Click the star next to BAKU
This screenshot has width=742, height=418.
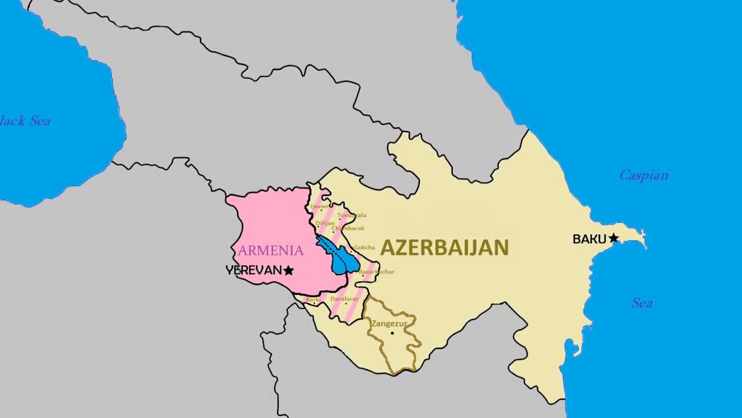click(613, 239)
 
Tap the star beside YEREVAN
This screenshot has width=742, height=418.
click(288, 271)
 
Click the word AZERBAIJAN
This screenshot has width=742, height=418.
click(444, 248)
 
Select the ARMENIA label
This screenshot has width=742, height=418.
click(271, 251)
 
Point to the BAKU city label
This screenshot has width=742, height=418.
click(589, 239)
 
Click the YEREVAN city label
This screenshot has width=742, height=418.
click(253, 271)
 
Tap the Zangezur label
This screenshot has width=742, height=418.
click(389, 323)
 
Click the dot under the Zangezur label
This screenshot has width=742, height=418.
click(392, 333)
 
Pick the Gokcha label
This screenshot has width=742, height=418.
click(364, 247)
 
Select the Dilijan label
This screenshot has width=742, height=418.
click(325, 223)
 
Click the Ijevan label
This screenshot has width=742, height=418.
click(319, 206)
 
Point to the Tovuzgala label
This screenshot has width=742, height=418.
click(352, 215)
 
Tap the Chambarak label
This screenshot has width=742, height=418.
click(348, 228)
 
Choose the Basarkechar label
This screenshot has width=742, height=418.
click(377, 272)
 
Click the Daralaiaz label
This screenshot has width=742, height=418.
click(344, 299)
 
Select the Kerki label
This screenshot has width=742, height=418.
click(313, 300)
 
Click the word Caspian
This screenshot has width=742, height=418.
click(643, 175)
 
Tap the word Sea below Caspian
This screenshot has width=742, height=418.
click(642, 303)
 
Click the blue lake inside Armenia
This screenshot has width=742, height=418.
click(342, 260)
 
